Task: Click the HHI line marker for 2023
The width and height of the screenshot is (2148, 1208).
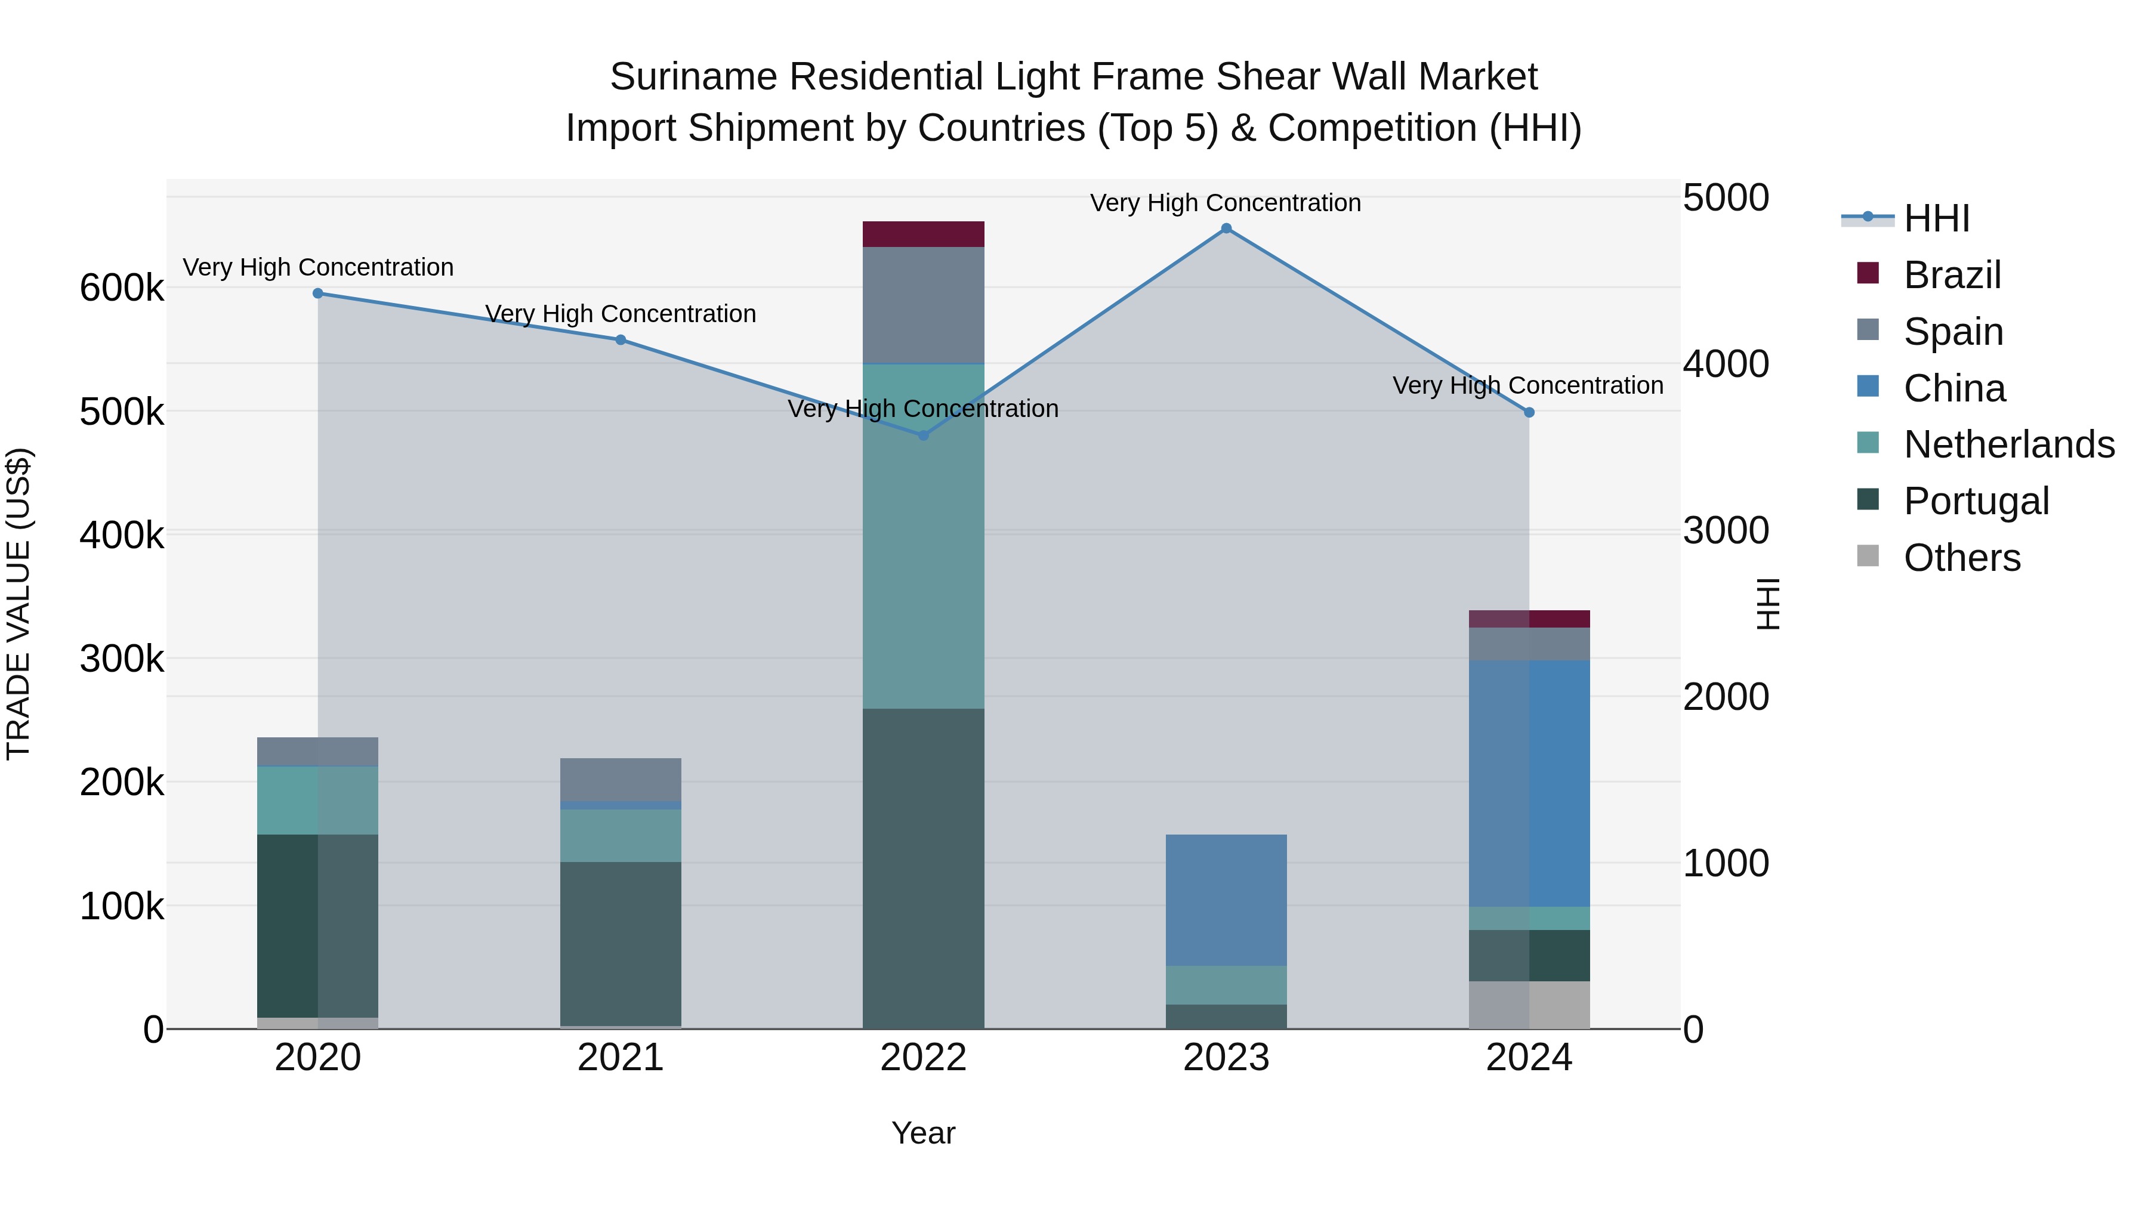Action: click(1226, 228)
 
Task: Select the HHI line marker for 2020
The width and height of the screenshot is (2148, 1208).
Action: click(317, 293)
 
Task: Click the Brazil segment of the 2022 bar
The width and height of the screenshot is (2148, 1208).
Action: click(923, 234)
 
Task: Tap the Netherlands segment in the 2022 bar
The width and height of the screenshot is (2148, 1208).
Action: click(923, 536)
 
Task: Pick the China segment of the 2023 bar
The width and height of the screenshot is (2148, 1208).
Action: click(1226, 900)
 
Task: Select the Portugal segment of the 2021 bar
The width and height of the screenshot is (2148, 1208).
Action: click(621, 943)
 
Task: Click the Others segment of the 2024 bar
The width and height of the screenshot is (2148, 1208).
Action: click(1529, 1005)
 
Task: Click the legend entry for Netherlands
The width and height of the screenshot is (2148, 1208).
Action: click(2008, 444)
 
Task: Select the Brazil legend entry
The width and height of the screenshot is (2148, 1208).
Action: click(1951, 275)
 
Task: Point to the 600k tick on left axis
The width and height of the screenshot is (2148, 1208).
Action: click(122, 289)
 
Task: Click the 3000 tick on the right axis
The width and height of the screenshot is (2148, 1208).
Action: click(1725, 531)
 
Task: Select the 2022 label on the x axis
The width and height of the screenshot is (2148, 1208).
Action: click(923, 1058)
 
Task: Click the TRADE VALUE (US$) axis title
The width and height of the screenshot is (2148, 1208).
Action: click(18, 604)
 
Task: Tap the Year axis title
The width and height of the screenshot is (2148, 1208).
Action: click(923, 1133)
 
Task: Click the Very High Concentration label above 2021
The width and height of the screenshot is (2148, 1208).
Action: click(621, 314)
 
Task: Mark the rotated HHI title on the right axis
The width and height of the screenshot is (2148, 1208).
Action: click(1767, 604)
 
